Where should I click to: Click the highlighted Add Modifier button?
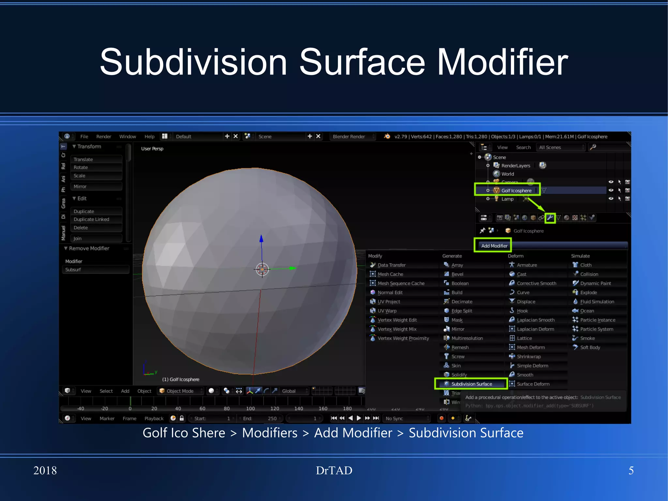tap(494, 246)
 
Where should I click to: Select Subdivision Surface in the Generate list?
tap(471, 384)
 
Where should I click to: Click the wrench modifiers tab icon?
tap(550, 218)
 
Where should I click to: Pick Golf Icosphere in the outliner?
tap(516, 191)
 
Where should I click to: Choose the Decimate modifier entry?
tap(462, 302)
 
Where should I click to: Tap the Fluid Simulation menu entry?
tap(597, 302)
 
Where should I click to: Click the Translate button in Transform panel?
tap(83, 159)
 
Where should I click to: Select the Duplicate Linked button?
tap(91, 219)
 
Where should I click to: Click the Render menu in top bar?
tap(104, 136)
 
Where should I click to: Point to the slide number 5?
tap(631, 470)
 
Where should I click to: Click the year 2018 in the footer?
tap(45, 470)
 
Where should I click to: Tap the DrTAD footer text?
tap(334, 470)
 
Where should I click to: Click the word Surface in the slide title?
tap(362, 62)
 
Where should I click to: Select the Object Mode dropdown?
tap(180, 391)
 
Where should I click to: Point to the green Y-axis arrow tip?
tap(293, 268)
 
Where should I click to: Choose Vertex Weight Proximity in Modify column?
tap(403, 338)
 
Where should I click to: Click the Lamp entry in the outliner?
tap(507, 199)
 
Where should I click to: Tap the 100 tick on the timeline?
tap(250, 408)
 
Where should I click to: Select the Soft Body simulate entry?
tap(590, 347)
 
